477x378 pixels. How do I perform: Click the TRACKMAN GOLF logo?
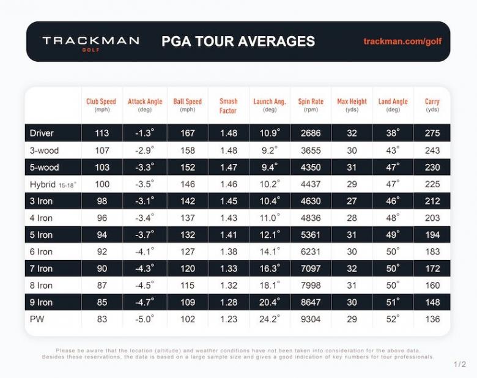91,42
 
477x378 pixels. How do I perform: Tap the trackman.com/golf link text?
402,42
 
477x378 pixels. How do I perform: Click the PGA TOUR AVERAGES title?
238,42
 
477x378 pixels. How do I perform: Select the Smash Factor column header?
228,106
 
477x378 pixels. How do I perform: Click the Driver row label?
42,133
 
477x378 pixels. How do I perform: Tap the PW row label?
38,319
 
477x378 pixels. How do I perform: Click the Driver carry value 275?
432,133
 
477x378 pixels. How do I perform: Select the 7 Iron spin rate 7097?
310,268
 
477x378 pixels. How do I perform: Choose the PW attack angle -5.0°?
144,319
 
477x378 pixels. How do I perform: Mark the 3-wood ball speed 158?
187,150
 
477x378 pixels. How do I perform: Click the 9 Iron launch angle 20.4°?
269,302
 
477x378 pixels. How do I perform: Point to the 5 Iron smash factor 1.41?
228,234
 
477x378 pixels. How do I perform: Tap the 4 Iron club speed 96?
102,217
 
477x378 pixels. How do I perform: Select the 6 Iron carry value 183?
432,251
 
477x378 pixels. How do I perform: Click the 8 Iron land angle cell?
393,285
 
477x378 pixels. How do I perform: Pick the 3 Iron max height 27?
352,201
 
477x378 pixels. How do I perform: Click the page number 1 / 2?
460,365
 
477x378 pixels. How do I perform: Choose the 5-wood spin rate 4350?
310,167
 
